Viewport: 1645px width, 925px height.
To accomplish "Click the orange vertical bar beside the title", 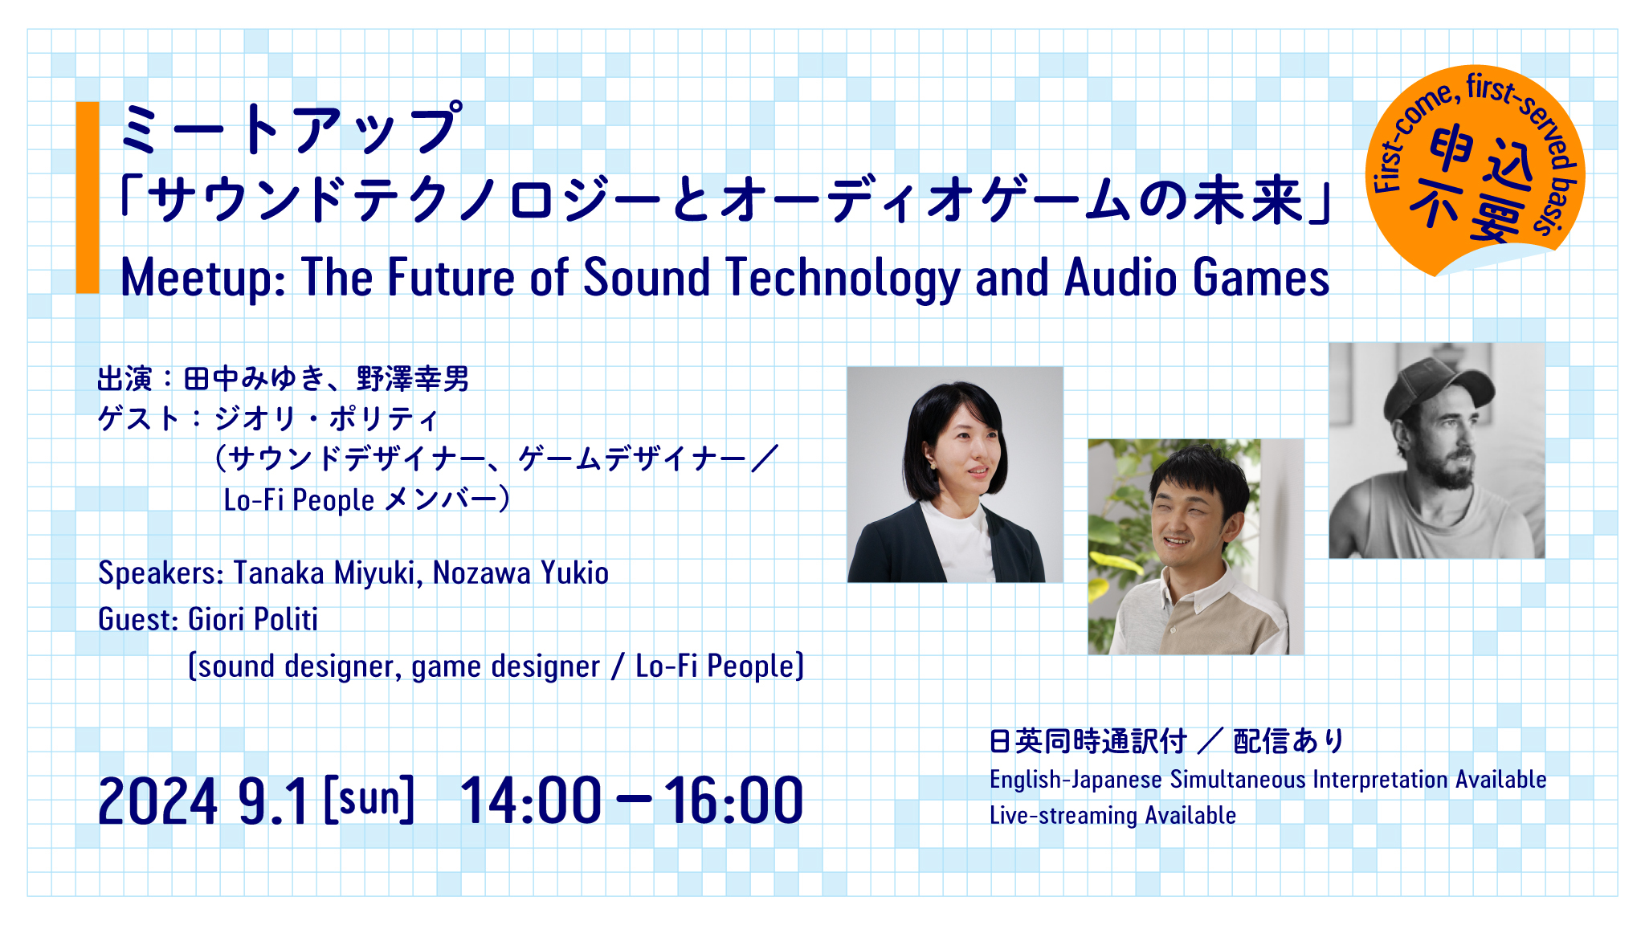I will click(x=88, y=198).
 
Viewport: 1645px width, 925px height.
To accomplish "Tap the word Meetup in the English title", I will click(x=201, y=278).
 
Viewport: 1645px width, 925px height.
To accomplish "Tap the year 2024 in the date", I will click(x=157, y=801).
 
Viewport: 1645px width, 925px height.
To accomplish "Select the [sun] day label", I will click(x=369, y=798).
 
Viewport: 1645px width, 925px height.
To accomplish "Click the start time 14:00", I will click(x=530, y=801).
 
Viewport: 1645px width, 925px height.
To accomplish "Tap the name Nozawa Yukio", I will click(x=520, y=573).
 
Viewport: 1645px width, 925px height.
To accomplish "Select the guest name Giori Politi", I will click(x=252, y=620).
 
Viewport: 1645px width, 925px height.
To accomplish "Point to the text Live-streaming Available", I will click(x=1112, y=816).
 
